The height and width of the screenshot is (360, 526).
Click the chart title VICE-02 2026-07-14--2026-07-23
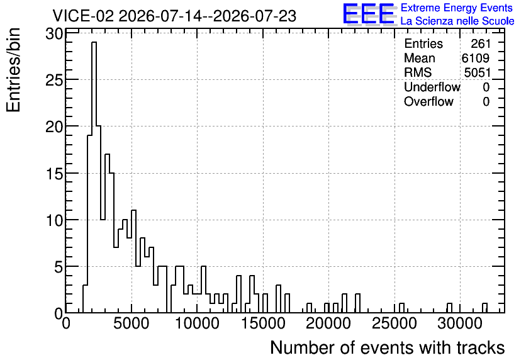click(174, 16)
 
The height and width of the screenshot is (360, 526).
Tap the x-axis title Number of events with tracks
click(388, 347)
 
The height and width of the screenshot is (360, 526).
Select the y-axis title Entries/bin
click(14, 70)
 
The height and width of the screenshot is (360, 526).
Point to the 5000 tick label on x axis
click(131, 324)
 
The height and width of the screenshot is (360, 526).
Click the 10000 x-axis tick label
click(197, 324)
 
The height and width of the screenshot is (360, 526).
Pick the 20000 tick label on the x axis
click(328, 324)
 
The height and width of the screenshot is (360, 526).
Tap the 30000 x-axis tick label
click(460, 324)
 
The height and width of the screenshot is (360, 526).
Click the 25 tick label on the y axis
click(54, 80)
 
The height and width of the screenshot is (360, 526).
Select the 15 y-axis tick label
click(54, 174)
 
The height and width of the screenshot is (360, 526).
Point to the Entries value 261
click(480, 43)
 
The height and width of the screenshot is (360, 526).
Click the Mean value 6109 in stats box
click(476, 58)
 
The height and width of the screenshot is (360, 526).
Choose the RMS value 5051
click(478, 72)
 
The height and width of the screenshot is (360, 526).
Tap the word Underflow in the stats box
click(432, 87)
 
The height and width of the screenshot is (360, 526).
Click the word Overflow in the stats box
click(428, 101)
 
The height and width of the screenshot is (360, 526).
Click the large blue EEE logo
click(369, 14)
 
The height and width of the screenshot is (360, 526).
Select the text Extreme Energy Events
click(457, 8)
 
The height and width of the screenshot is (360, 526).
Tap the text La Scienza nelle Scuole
click(457, 21)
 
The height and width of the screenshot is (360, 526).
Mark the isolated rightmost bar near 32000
click(484, 308)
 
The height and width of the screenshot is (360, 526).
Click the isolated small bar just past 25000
click(401, 308)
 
